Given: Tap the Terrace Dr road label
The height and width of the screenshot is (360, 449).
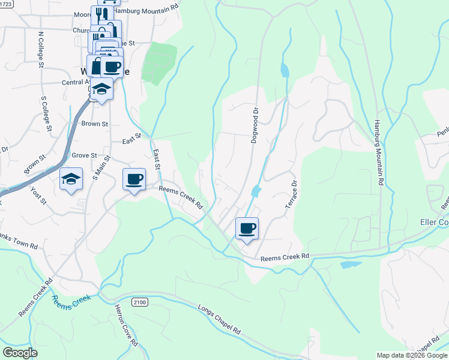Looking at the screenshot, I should coord(291,194).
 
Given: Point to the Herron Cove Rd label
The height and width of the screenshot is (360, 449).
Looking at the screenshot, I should coord(127,326).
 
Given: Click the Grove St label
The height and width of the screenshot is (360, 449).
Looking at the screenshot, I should coord(84,155).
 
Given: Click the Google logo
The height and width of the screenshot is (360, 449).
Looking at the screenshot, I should coord(20,353).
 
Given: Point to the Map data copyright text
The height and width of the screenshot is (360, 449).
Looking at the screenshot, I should coord(411,355).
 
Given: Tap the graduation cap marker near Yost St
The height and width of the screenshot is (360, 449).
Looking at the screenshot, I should coord(71,179).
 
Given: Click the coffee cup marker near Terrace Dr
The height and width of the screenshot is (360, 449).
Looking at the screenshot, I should coord(246,228).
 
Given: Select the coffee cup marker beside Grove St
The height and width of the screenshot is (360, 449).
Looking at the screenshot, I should coord(134,178).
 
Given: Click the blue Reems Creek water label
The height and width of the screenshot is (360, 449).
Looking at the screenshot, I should coord(71,300).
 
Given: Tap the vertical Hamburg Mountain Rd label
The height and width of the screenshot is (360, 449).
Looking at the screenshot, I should coord(379,150).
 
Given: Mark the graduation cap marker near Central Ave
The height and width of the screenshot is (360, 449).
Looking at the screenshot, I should coord(102,89).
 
